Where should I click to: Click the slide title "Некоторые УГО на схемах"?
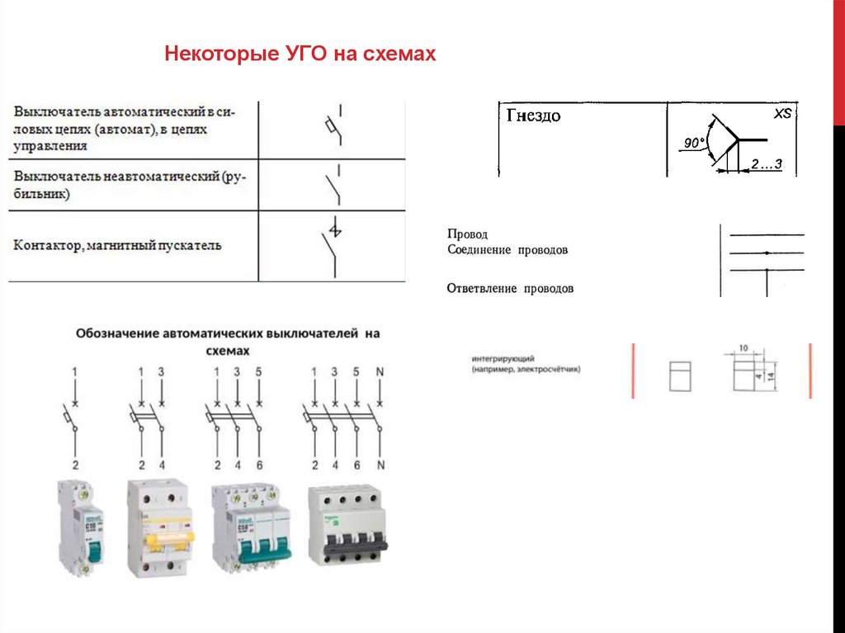tap(300, 55)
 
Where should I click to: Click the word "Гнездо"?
tap(533, 116)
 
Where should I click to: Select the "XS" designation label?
tap(781, 114)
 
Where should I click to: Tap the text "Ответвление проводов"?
tap(510, 289)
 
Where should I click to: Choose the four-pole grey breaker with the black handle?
tap(347, 527)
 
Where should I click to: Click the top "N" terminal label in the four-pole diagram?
tap(380, 372)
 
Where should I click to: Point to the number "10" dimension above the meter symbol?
tap(744, 348)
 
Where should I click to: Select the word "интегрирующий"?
tap(504, 360)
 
